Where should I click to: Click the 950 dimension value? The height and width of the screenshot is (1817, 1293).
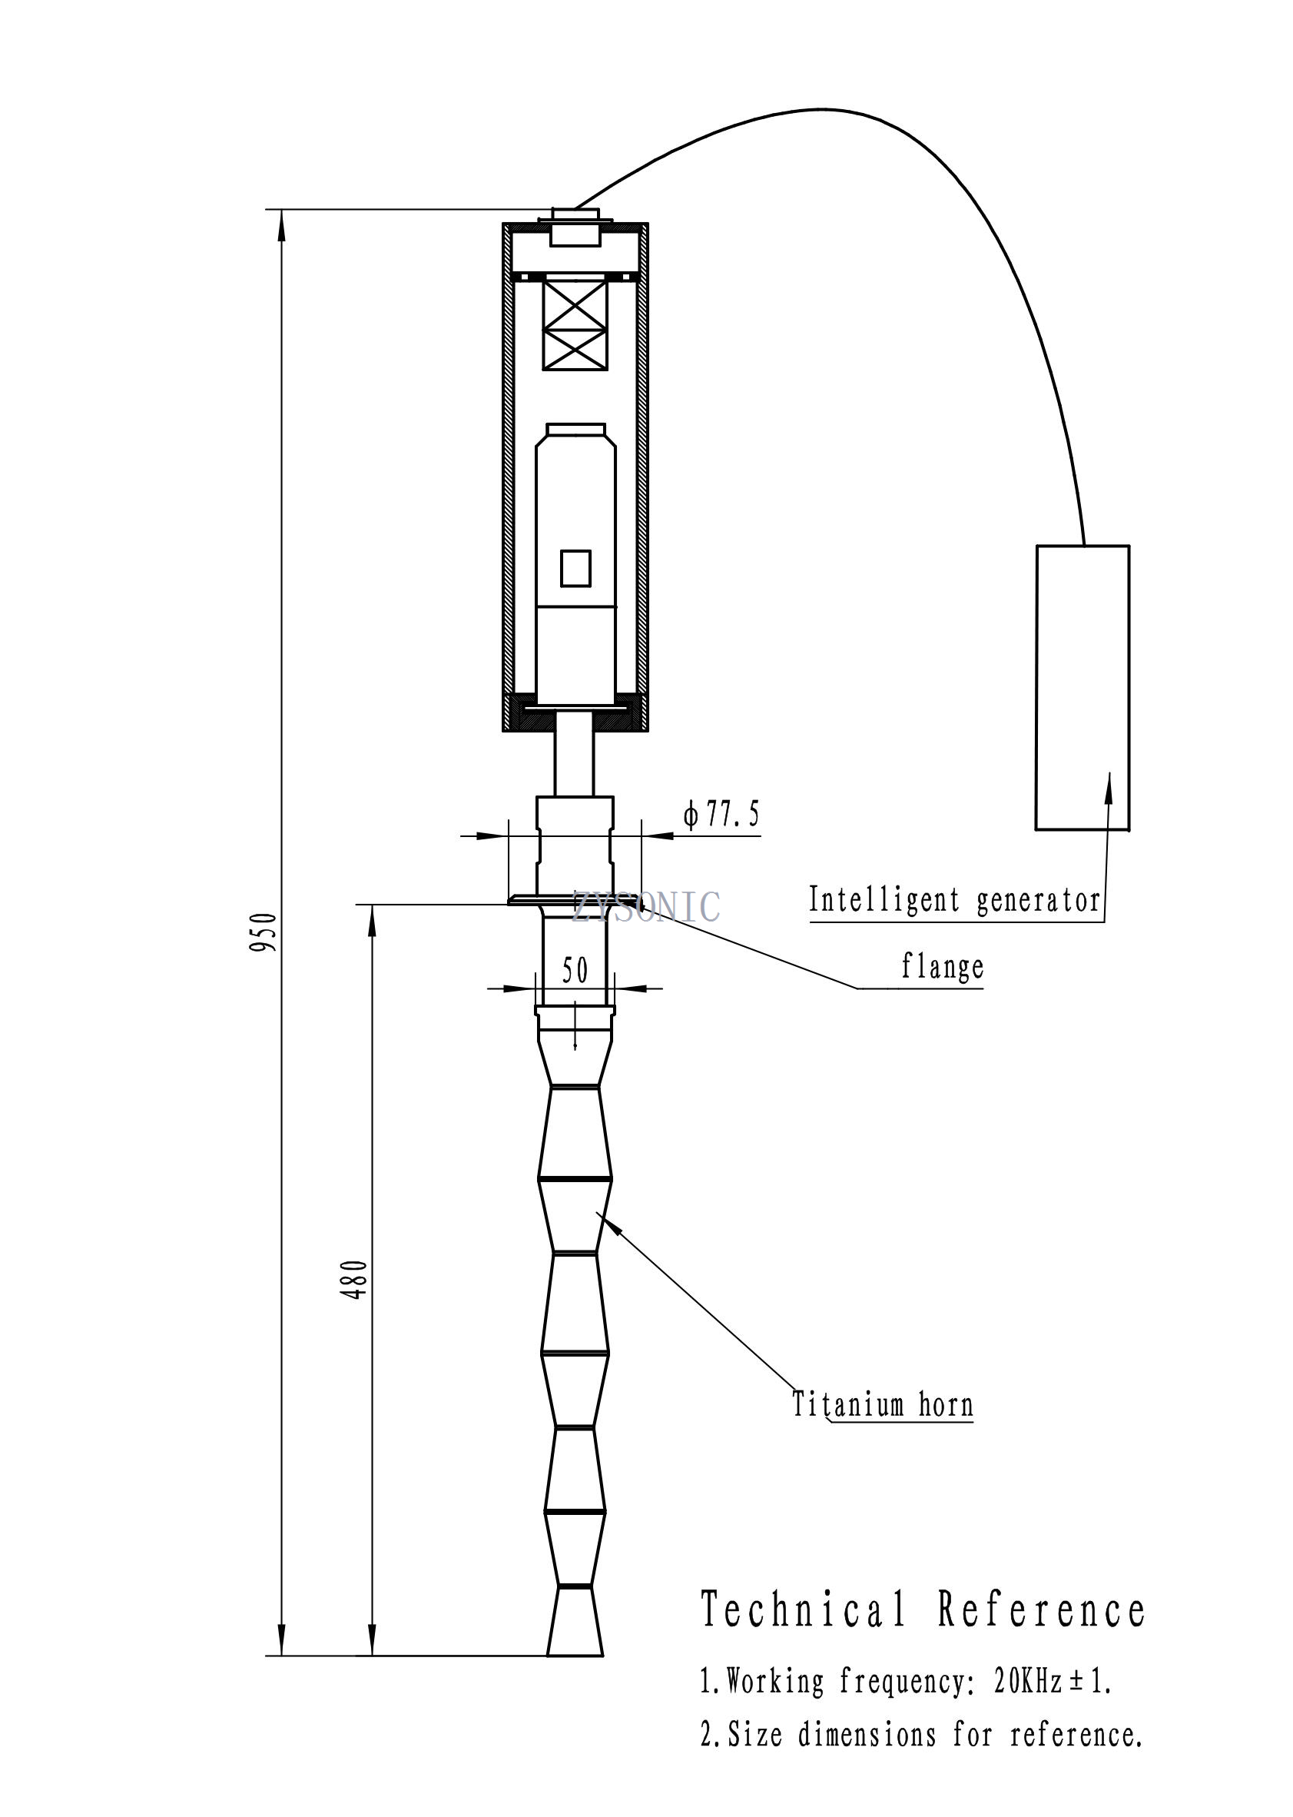pyautogui.click(x=264, y=932)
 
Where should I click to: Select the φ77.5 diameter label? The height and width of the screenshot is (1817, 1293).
pyautogui.click(x=721, y=815)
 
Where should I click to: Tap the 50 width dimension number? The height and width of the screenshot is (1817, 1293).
pyautogui.click(x=575, y=970)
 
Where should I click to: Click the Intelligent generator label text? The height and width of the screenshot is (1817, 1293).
pyautogui.click(x=954, y=900)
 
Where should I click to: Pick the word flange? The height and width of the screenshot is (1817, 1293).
pyautogui.click(x=942, y=967)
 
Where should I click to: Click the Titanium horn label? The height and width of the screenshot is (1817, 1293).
pyautogui.click(x=882, y=1403)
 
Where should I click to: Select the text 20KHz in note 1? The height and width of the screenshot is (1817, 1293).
pyautogui.click(x=1028, y=1682)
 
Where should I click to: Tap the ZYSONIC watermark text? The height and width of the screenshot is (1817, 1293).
pyautogui.click(x=645, y=906)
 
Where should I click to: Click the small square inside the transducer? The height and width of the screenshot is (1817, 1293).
pyautogui.click(x=575, y=568)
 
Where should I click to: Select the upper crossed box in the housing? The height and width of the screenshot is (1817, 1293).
pyautogui.click(x=575, y=303)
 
